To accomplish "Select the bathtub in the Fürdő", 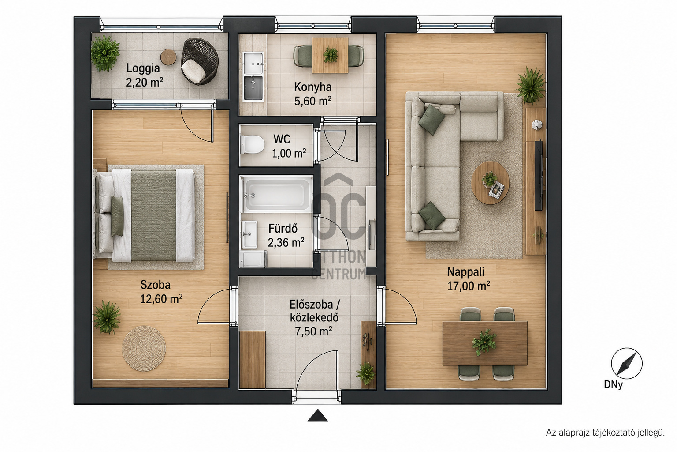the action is tap(277, 194).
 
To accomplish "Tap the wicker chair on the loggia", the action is tap(200, 61).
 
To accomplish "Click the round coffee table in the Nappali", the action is tap(490, 183).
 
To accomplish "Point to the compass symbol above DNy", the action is tap(626, 363).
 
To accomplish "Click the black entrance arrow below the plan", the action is tap(318, 415).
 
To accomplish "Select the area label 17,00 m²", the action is tap(469, 286).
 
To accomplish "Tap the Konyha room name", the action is tap(313, 87).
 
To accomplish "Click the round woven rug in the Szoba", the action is tap(144, 348).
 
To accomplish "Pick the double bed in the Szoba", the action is tap(144, 215).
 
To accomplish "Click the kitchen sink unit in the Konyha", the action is tap(253, 77).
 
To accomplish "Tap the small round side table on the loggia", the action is tap(168, 57).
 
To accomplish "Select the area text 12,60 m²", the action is tap(161, 299).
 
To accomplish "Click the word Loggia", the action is tap(143, 68).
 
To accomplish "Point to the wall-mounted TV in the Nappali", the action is tap(538, 175).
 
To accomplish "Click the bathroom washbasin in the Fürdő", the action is tap(249, 234).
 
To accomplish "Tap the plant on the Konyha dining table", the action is tap(330, 55).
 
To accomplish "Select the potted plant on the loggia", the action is tap(105, 53).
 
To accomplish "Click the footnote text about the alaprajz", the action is tap(605, 433).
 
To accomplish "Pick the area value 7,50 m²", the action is tap(314, 331).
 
